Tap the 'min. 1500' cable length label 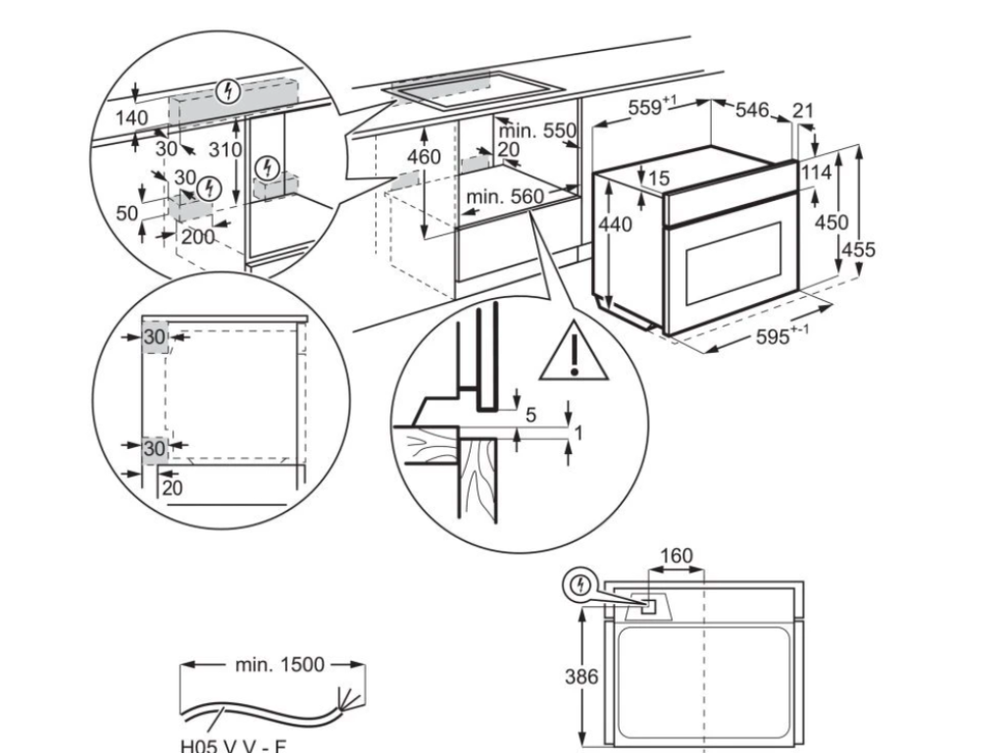click(x=278, y=665)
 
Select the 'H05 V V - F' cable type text click(x=234, y=742)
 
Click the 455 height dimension click(x=859, y=249)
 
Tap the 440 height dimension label click(x=615, y=224)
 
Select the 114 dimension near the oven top click(x=816, y=173)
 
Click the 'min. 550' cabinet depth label click(x=536, y=130)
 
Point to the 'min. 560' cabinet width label click(x=504, y=197)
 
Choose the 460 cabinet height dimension click(x=424, y=156)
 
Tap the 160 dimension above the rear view click(x=677, y=557)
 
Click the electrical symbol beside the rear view click(x=580, y=586)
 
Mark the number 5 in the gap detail click(x=530, y=415)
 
